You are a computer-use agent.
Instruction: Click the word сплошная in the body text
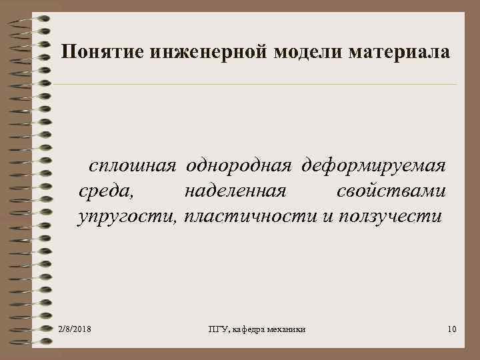click(133, 165)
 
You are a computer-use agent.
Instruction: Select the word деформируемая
click(374, 165)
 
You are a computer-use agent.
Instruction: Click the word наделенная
click(235, 191)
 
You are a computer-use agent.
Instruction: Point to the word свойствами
click(391, 191)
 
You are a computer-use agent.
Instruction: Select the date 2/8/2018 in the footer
click(75, 329)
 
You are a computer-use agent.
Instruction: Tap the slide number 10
click(452, 329)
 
